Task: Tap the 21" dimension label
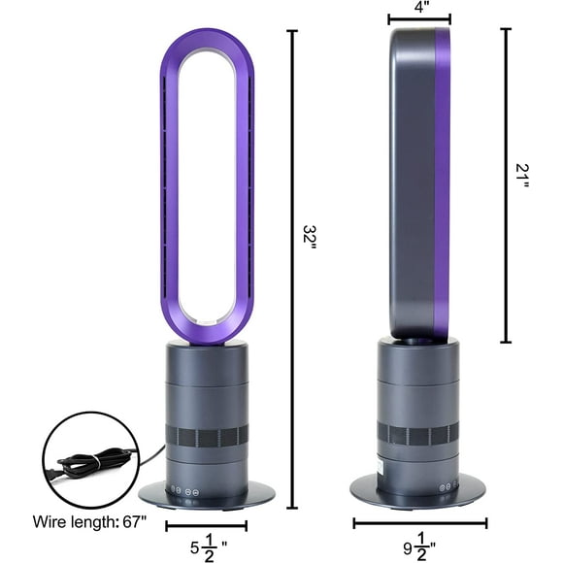[522, 178]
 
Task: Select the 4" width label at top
[418, 7]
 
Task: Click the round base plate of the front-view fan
[206, 495]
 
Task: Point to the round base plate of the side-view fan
[417, 490]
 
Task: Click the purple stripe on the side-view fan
[442, 184]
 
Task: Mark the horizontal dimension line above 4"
[419, 19]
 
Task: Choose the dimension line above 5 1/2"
[206, 525]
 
